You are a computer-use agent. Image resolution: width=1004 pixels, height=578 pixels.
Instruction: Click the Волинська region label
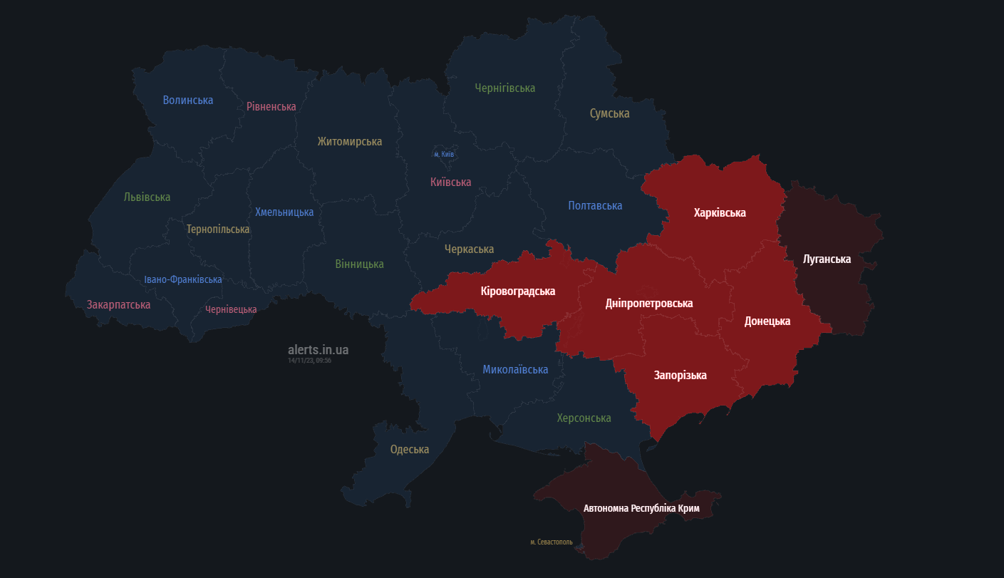[x=187, y=100]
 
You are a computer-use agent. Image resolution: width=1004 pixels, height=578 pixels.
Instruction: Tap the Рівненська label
[x=271, y=106]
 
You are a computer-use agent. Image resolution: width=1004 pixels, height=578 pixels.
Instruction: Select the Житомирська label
[x=349, y=142]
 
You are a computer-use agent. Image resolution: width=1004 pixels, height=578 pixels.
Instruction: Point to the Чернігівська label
[x=504, y=88]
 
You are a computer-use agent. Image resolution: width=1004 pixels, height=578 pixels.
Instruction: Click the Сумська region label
[x=609, y=113]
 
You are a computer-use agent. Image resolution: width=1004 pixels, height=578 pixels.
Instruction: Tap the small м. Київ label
[x=444, y=154]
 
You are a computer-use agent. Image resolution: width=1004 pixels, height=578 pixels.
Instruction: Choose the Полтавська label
[x=595, y=205]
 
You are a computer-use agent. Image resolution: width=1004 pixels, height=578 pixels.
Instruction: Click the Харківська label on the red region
[x=720, y=212]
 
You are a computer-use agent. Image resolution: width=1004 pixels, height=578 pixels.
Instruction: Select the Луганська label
[x=827, y=259]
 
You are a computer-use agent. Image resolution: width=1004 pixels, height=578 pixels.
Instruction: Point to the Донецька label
[x=767, y=321]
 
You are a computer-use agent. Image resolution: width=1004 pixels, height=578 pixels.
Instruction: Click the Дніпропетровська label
[x=648, y=303]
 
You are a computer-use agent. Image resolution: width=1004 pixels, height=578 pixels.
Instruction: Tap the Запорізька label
[x=680, y=375]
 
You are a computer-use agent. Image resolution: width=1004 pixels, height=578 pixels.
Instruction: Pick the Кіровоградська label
[x=517, y=291]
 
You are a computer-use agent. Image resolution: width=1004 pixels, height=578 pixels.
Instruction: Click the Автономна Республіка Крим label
[x=641, y=508]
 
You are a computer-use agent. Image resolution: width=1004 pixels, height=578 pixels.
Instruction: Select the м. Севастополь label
[x=551, y=542]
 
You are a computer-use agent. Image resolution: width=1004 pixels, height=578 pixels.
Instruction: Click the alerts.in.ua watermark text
[x=318, y=350]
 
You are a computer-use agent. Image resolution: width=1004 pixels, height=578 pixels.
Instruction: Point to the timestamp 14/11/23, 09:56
[x=309, y=361]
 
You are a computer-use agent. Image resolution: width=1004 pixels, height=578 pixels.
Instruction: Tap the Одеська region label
[x=410, y=449]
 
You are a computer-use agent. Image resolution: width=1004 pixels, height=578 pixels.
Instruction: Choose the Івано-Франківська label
[x=182, y=279]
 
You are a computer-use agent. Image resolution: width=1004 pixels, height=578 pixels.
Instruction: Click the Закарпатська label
[x=118, y=304]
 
